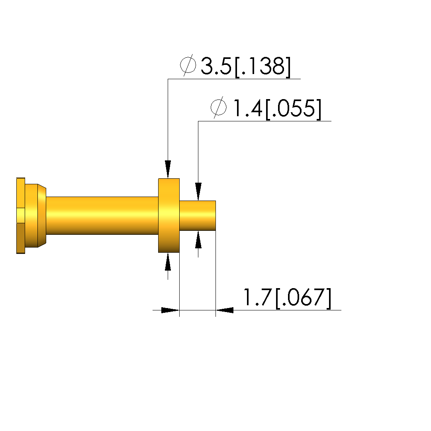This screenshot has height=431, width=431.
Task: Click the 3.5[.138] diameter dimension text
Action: pos(246,66)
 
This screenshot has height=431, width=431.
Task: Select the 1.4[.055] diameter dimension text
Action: pos(277,109)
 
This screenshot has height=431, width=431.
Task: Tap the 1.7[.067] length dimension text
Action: pos(288,297)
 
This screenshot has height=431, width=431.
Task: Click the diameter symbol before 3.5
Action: pos(188,65)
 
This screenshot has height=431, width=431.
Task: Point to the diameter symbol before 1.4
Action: pos(219,107)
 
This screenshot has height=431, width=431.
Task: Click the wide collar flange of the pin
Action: pos(169,216)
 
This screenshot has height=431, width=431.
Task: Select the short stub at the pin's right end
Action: pos(198,216)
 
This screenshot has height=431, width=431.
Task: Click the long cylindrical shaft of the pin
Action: pos(102,216)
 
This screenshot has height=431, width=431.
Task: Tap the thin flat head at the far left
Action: pos(21,216)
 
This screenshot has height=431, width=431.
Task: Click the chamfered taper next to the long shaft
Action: pos(42,216)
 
